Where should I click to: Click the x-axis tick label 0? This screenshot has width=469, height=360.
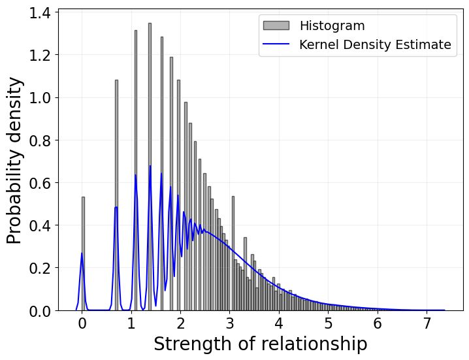coord(82,324)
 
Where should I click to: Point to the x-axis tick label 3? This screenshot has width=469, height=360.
coord(230,324)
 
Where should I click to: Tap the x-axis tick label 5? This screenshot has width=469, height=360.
coord(329,324)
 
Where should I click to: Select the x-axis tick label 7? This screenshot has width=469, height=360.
coord(427,324)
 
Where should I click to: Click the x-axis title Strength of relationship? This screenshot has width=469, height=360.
coord(260,344)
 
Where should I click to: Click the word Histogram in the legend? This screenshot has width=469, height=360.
coord(332,26)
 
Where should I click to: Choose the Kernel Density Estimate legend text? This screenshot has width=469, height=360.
coord(375,44)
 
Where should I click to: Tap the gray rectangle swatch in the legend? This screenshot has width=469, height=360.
coord(276,26)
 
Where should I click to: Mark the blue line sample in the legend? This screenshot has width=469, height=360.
coord(276,44)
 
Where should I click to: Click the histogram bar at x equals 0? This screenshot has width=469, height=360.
coord(83,255)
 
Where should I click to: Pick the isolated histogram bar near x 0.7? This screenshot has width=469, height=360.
coord(116,196)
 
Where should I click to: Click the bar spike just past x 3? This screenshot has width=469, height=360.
coord(233,255)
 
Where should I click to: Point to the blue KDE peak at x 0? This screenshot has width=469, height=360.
coord(82,254)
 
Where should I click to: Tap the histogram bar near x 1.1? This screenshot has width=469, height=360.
coord(136,170)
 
